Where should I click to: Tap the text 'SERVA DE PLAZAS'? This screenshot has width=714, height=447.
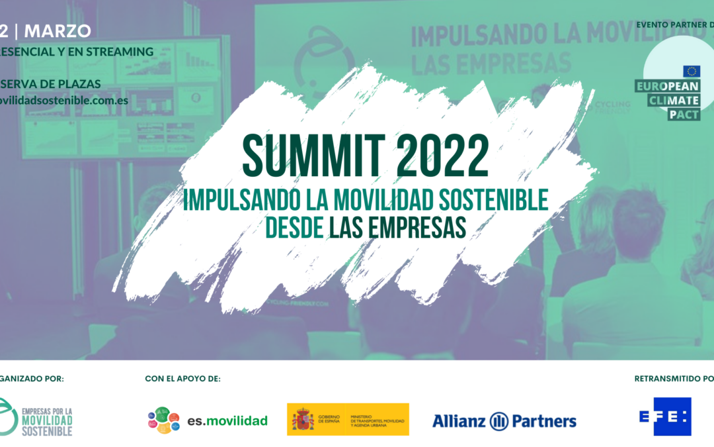(x=52, y=83)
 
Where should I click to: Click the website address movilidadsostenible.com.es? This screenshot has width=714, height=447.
(x=64, y=101)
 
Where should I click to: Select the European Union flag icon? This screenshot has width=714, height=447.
(x=692, y=71)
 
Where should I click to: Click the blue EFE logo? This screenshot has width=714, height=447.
(x=665, y=417)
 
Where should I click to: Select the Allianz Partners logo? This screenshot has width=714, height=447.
(x=504, y=421)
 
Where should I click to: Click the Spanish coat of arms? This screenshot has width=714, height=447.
(x=304, y=420)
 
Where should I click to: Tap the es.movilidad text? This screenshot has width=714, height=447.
(x=227, y=421)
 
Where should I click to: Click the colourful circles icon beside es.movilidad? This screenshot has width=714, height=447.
(x=164, y=420)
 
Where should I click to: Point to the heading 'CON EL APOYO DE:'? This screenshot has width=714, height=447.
(x=182, y=379)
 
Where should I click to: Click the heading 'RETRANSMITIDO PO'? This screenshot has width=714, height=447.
(x=674, y=379)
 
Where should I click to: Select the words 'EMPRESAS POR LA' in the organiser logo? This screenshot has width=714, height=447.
(x=48, y=411)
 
